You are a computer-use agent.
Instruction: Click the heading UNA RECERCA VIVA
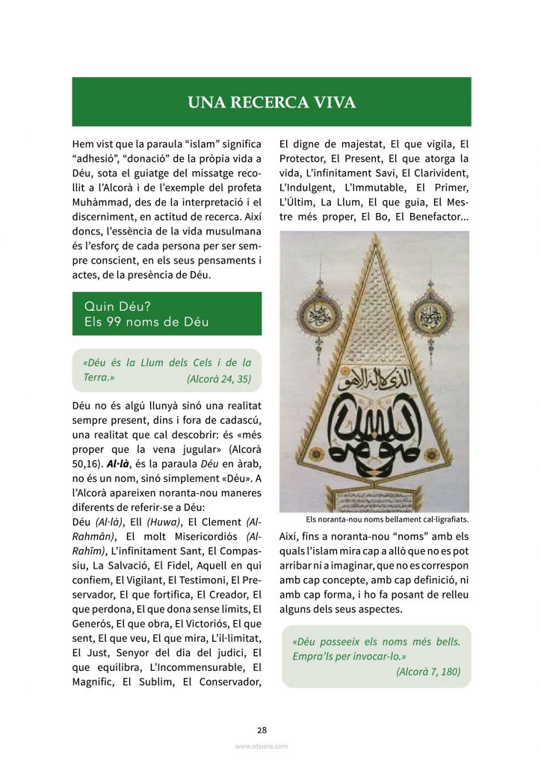[271, 102]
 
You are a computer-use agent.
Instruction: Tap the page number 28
[262, 730]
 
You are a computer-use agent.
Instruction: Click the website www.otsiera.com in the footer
[261, 746]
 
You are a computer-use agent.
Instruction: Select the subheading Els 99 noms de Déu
[146, 322]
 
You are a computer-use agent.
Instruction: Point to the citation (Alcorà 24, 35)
[219, 380]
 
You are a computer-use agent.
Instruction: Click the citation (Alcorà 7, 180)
[428, 672]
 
